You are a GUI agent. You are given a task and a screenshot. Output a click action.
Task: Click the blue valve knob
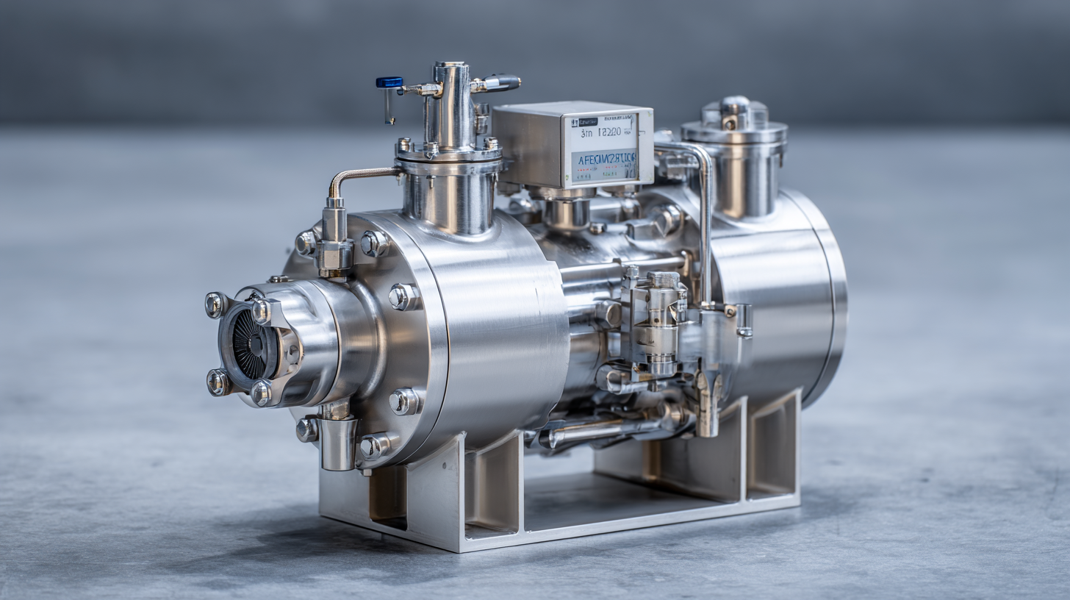[389, 82]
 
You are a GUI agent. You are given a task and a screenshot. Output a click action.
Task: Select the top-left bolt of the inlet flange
[215, 304]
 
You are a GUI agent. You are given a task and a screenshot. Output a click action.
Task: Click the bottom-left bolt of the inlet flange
[217, 382]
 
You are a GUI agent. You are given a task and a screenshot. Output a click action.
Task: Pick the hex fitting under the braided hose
[334, 254]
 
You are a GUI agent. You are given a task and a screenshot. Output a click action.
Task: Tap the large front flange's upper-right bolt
[374, 243]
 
